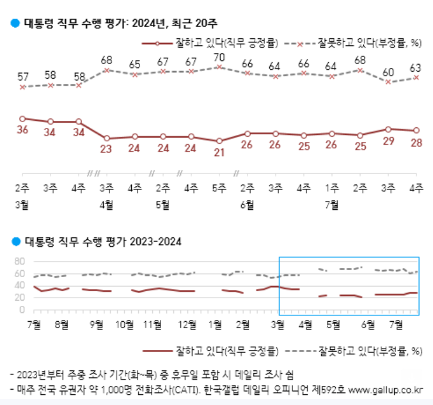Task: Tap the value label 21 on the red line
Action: (x=219, y=152)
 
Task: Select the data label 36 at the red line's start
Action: (x=22, y=130)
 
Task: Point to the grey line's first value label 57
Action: (x=22, y=77)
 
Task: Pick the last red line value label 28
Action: (x=416, y=142)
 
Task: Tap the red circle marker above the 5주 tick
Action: (x=219, y=141)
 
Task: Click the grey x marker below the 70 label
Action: (x=219, y=67)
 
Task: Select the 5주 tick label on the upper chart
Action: (x=219, y=188)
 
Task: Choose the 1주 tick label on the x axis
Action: (x=332, y=188)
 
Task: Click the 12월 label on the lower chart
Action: (x=187, y=324)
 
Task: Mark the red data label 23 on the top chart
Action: (x=107, y=149)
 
